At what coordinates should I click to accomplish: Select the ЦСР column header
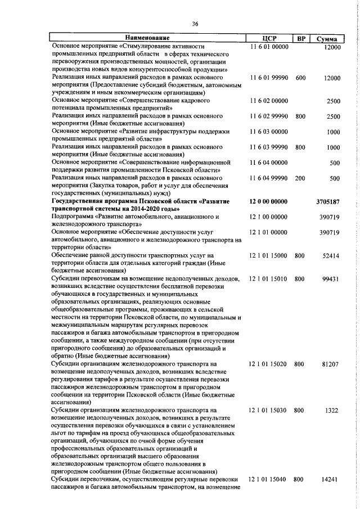click(271, 39)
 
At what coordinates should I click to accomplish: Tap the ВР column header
click(301, 39)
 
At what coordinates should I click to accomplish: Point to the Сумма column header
click(327, 39)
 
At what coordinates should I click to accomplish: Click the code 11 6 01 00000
click(269, 47)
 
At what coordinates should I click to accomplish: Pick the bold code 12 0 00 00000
click(269, 201)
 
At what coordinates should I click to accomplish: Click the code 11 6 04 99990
click(269, 178)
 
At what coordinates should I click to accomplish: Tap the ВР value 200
click(300, 178)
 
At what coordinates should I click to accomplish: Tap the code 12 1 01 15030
click(269, 411)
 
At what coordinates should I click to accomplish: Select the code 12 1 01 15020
click(269, 364)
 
